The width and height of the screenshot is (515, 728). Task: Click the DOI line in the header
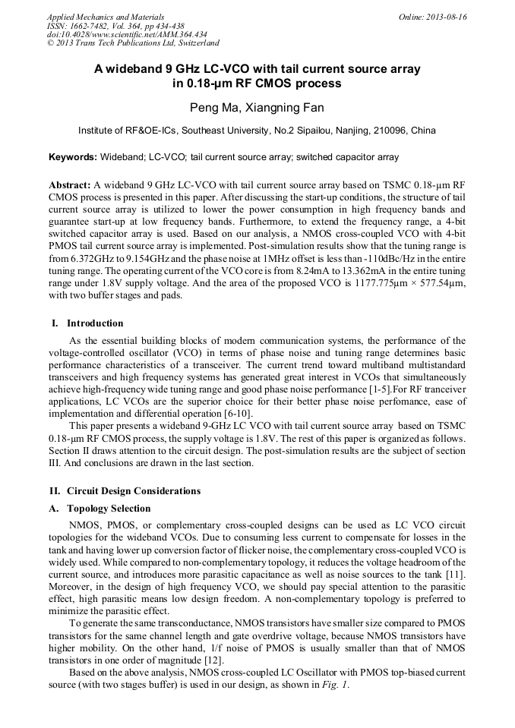point(127,34)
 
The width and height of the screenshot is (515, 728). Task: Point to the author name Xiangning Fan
point(285,108)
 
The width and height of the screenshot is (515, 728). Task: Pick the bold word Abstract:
point(69,184)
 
